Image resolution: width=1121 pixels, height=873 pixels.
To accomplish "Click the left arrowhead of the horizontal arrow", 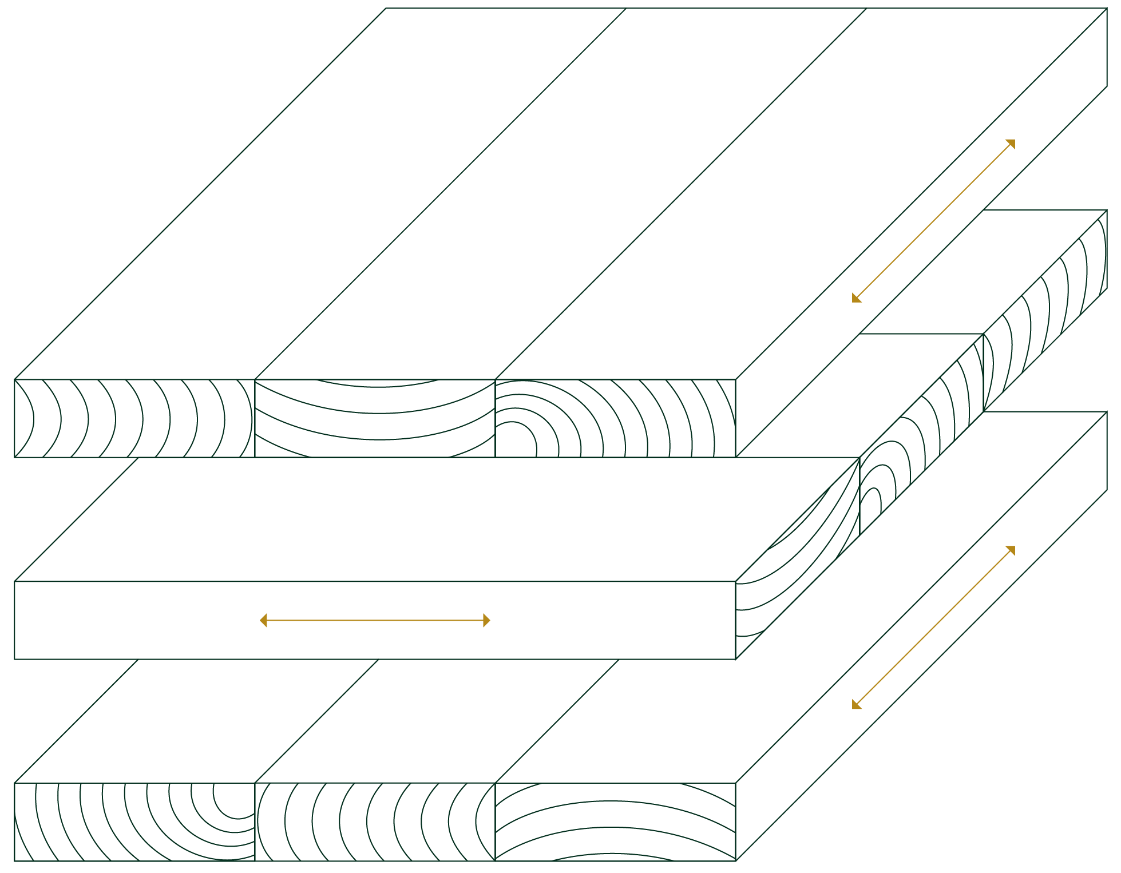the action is point(263,621).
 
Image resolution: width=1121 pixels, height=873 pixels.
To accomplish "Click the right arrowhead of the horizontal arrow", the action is point(487,621).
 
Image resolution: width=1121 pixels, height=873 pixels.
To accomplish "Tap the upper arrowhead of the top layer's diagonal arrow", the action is point(1012,142).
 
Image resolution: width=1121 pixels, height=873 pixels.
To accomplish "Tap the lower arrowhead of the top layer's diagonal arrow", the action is point(855,299).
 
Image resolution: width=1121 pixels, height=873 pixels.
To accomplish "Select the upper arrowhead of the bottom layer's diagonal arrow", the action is point(1012,549).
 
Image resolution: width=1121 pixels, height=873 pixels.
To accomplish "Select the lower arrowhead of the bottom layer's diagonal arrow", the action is point(855,705).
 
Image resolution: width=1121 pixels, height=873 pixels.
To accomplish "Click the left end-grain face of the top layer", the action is point(134,418).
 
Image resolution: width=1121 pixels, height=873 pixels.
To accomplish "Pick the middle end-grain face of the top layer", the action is point(375,418).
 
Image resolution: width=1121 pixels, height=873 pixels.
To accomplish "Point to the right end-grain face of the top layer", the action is point(615,418).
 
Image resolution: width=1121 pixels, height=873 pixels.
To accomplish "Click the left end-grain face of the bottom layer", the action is point(134,822).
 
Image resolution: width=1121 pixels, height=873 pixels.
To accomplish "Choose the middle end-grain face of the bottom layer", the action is point(375,822).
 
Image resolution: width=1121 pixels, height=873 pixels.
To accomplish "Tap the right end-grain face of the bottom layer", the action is point(615,822).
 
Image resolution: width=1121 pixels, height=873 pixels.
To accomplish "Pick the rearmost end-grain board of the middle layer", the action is point(1047,309).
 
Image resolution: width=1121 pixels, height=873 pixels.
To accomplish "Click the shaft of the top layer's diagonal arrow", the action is point(933,221).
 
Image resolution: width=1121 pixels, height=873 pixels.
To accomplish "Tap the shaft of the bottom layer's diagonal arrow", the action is point(933,628).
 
